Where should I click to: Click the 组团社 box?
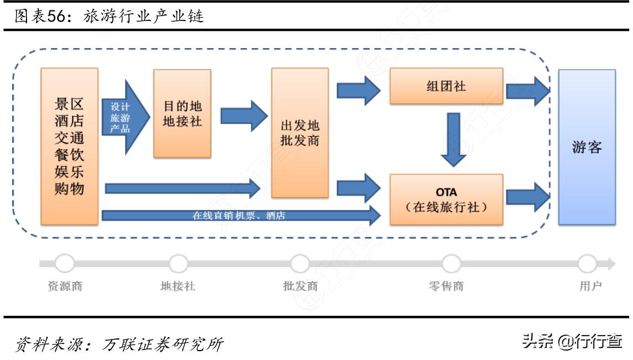[447, 86]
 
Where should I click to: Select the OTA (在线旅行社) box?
[447, 200]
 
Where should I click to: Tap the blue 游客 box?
[587, 147]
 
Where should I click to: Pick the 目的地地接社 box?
[182, 113]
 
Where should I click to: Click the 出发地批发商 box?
[299, 133]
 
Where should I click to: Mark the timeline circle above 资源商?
[65, 264]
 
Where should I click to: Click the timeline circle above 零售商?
[451, 264]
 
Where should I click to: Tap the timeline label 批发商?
[300, 286]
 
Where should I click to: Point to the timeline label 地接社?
[178, 286]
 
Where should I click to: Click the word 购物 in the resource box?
[69, 189]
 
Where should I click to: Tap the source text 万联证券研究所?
[163, 344]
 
